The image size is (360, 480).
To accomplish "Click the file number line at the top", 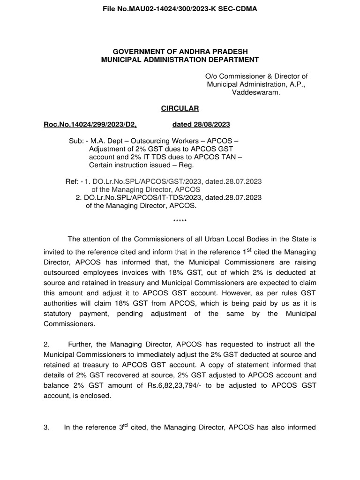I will pyautogui.click(x=180, y=8).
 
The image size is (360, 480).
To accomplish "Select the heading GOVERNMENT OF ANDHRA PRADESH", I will pyautogui.click(x=180, y=51).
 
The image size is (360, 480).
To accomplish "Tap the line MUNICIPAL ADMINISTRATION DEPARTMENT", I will pyautogui.click(x=180, y=60).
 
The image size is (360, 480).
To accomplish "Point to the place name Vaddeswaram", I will pyautogui.click(x=256, y=92).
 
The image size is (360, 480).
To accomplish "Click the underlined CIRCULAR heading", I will pyautogui.click(x=180, y=108).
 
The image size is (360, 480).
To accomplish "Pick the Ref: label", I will pyautogui.click(x=72, y=181).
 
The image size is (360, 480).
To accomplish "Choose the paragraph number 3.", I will pyautogui.click(x=46, y=441).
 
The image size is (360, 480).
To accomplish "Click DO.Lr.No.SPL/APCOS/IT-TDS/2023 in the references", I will pyautogui.click(x=142, y=197).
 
